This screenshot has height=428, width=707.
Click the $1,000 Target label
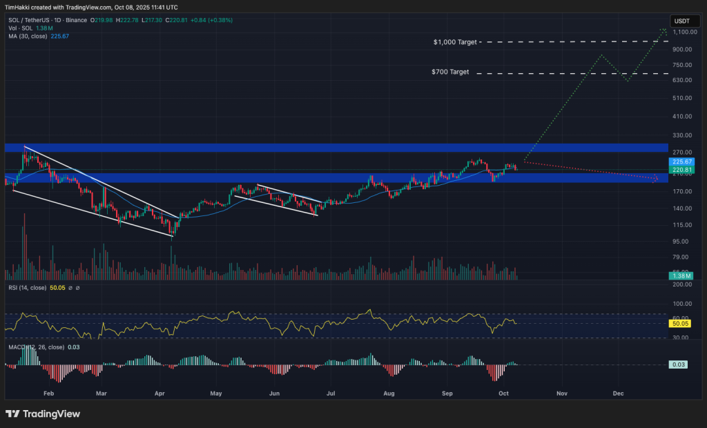tap(455, 42)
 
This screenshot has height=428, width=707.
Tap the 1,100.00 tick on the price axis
tap(682, 32)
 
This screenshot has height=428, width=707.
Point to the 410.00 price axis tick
tap(682, 116)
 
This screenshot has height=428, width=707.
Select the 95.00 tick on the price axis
tap(682, 241)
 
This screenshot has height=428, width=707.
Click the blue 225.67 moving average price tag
tap(681, 162)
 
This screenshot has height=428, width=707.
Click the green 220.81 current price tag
tap(681, 170)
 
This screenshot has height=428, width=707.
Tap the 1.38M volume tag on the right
tap(681, 276)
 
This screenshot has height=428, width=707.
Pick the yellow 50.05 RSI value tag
tap(681, 323)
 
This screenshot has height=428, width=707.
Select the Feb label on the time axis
tap(48, 393)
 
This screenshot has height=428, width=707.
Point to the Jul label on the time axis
tap(331, 393)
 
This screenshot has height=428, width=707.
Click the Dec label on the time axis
tap(618, 393)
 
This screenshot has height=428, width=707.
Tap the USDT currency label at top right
tap(681, 20)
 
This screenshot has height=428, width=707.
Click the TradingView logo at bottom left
tap(43, 414)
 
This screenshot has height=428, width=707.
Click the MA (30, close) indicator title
tap(28, 36)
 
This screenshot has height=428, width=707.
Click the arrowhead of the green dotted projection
tap(664, 30)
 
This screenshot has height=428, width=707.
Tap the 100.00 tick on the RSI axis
tap(682, 303)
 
